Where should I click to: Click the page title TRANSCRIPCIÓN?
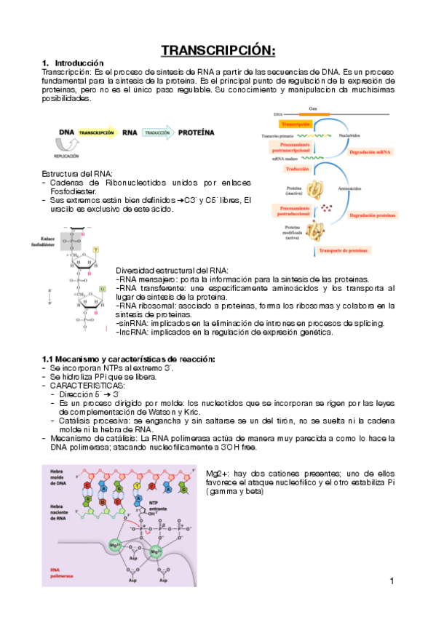[x=218, y=49]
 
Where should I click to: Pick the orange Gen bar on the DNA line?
[x=314, y=114]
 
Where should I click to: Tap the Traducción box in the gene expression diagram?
[x=296, y=169]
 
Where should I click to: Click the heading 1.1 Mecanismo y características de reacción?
[x=129, y=359]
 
